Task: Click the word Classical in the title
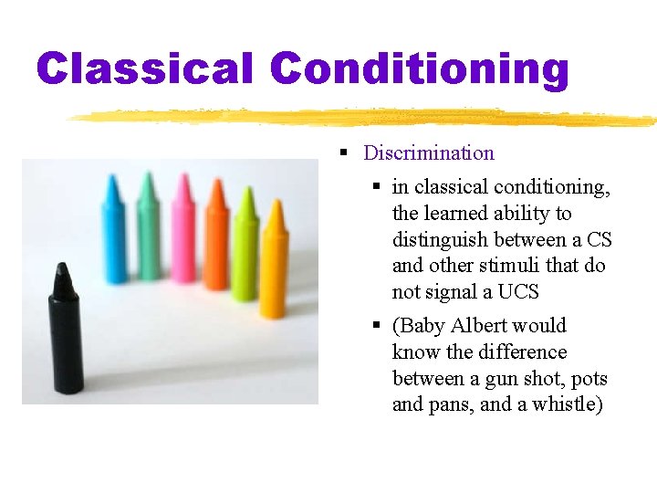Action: (145, 68)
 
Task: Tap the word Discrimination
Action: (429, 153)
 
